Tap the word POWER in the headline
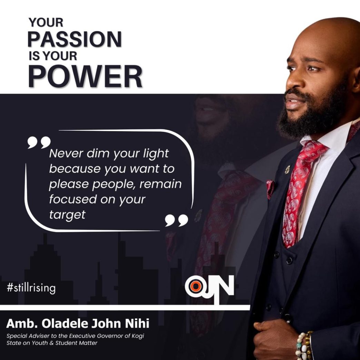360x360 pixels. pyautogui.click(x=85, y=77)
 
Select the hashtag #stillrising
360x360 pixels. pyautogui.click(x=31, y=288)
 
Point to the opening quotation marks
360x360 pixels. pyautogui.click(x=39, y=142)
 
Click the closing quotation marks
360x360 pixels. pyautogui.click(x=177, y=220)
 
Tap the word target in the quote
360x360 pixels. pyautogui.click(x=67, y=215)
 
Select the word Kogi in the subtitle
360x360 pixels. pyautogui.click(x=138, y=336)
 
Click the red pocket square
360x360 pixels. pyautogui.click(x=270, y=189)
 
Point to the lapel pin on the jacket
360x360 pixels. pyautogui.click(x=288, y=169)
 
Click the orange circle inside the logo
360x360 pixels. pyautogui.click(x=196, y=286)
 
